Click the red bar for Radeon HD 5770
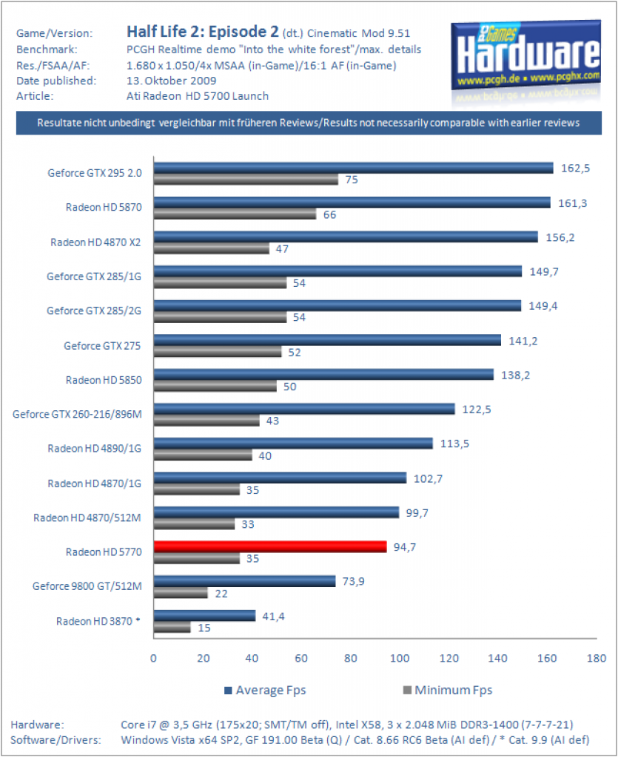(x=270, y=546)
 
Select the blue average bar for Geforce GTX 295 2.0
(x=353, y=168)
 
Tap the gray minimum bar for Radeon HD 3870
(x=172, y=628)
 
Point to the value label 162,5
(x=575, y=168)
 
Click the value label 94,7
(x=404, y=547)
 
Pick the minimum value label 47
(x=282, y=248)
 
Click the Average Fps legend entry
(x=265, y=690)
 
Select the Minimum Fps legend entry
(x=448, y=690)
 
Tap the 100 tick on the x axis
(x=400, y=658)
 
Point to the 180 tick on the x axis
(x=597, y=658)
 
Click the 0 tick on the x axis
(x=154, y=658)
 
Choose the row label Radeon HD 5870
(x=104, y=207)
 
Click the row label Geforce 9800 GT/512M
(x=87, y=586)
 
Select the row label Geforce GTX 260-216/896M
(x=77, y=414)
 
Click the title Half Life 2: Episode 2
(x=203, y=31)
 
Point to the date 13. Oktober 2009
(x=172, y=81)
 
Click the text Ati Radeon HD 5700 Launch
(x=198, y=96)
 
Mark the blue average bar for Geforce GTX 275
(x=327, y=340)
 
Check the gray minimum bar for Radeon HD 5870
(x=235, y=214)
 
